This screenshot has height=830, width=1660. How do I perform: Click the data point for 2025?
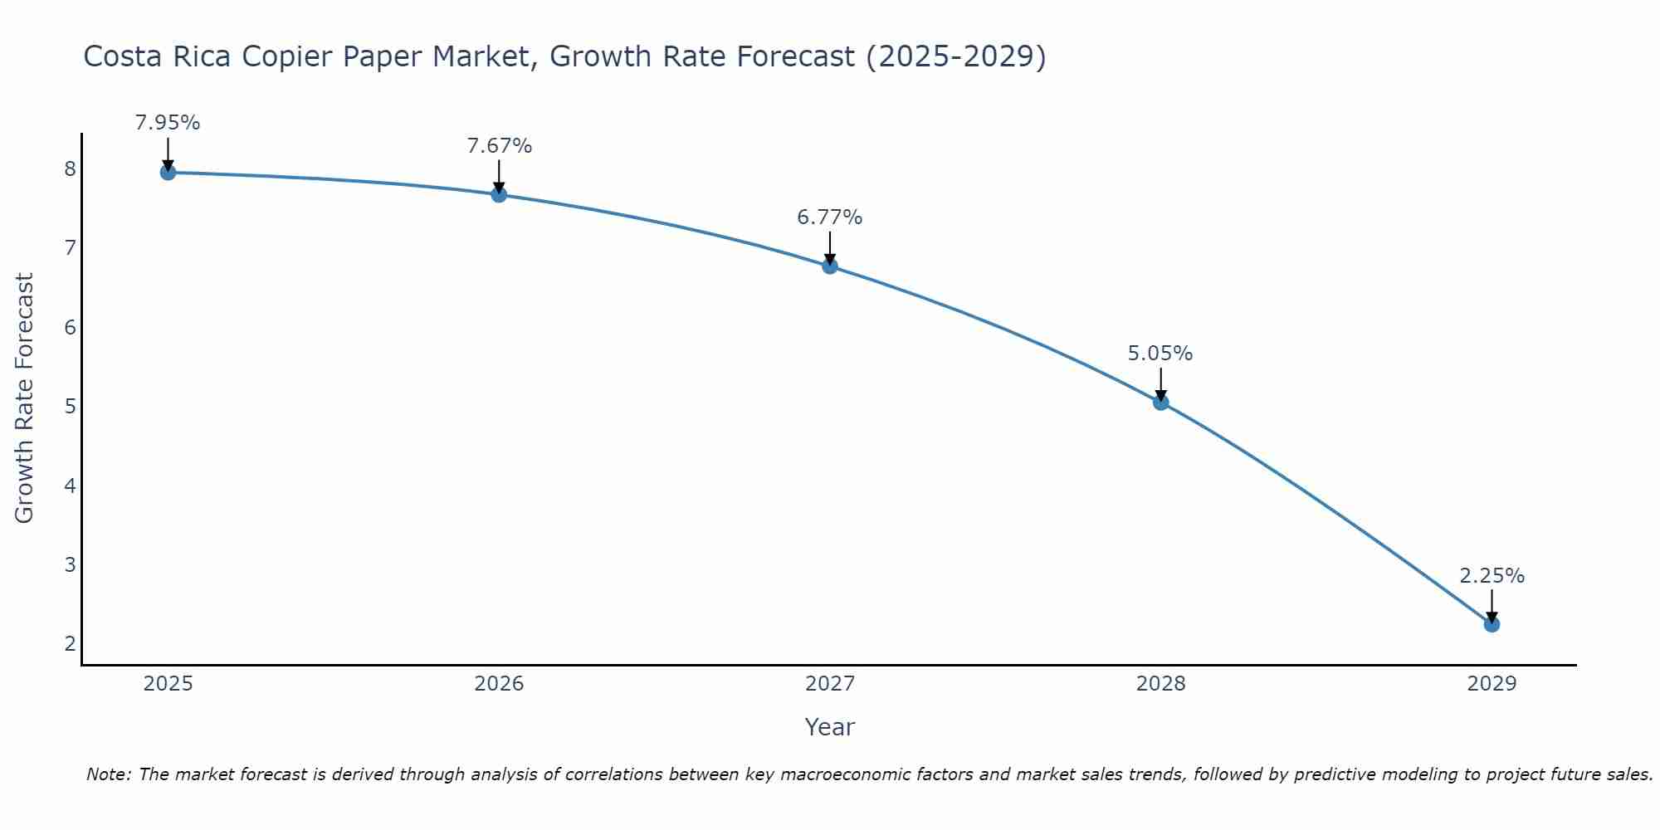pos(168,173)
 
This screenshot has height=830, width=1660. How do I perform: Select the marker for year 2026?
pos(499,195)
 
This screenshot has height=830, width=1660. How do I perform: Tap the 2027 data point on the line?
pos(830,266)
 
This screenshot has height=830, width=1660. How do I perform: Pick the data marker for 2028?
pos(1161,403)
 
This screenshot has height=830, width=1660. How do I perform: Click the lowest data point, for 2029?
pos(1492,624)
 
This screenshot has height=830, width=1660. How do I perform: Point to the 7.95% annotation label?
pos(168,123)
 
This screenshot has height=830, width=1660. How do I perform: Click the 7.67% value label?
pos(499,146)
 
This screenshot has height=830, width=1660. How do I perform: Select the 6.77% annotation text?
pos(830,217)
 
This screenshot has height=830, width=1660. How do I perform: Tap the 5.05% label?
pos(1160,354)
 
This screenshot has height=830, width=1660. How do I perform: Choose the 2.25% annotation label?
pos(1492,576)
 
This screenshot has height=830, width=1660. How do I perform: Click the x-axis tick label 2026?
pos(499,684)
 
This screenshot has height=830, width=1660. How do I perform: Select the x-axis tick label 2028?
pos(1161,684)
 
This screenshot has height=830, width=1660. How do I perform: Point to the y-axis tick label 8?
pos(70,169)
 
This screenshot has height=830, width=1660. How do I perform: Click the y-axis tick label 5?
pos(70,407)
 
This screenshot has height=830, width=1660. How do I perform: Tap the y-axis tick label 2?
pos(70,644)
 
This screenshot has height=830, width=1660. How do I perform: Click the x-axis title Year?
pos(830,727)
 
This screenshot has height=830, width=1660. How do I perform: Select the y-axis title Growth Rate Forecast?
pos(25,398)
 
